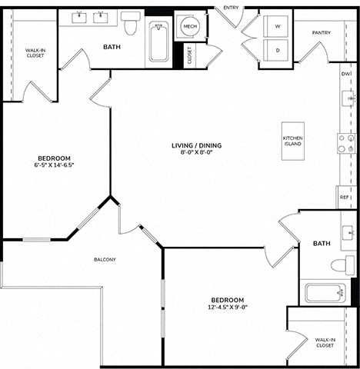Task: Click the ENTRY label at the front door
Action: pos(231,8)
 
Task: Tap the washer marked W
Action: pos(276,26)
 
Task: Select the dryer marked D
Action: pos(276,50)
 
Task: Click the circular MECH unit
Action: pos(190,26)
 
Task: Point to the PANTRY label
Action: pos(322,33)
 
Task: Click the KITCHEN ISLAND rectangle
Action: pos(293,141)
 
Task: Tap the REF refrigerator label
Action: pos(344,198)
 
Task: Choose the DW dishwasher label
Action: pos(345,74)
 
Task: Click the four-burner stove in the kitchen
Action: pos(346,143)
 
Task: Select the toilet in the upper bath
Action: pos(131,23)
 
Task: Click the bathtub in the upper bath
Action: pos(159,42)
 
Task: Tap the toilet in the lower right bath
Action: pos(343,265)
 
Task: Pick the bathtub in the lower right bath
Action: pos(325,293)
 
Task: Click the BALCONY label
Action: pos(105,260)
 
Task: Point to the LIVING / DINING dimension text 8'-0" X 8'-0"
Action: pos(196,152)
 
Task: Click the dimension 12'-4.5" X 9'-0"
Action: pos(228,307)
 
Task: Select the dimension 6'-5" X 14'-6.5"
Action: pos(54,165)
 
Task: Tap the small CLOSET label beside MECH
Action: pos(189,55)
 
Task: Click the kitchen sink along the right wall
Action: pos(348,98)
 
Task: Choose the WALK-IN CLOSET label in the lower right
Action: pos(325,343)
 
